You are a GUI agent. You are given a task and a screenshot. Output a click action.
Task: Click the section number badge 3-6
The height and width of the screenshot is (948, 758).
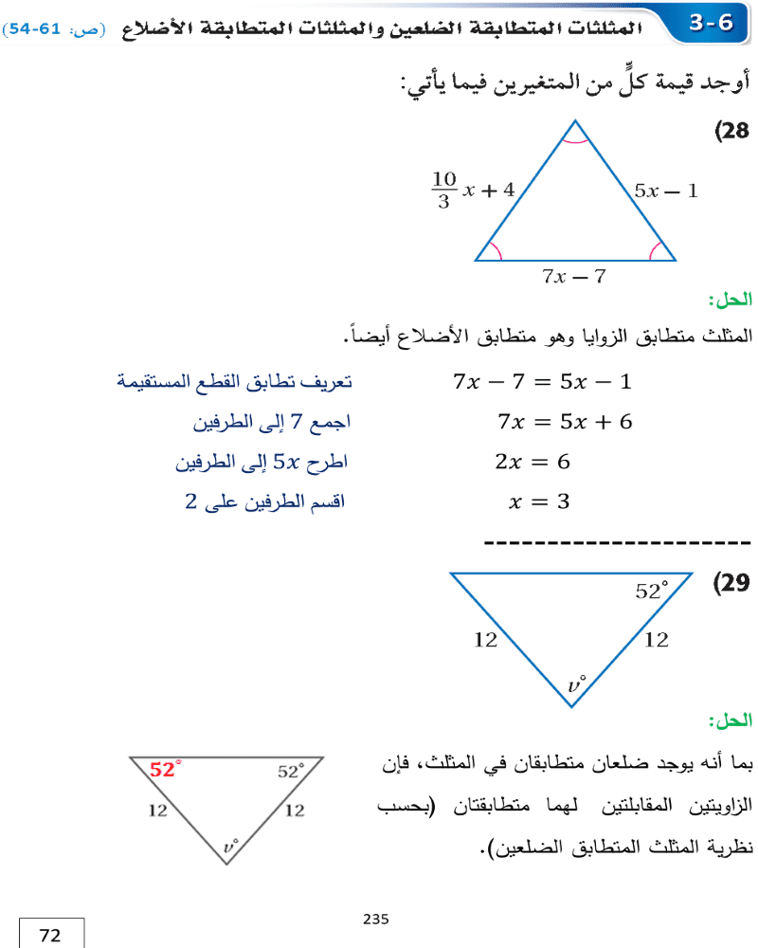pos(712,22)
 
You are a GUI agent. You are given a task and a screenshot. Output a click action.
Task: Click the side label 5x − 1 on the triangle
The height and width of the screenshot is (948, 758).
pos(666,191)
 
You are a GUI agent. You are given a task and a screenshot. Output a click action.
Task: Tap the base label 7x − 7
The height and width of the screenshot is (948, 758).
pos(573,277)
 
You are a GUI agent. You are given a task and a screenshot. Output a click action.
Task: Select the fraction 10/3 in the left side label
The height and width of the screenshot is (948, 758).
pos(444,190)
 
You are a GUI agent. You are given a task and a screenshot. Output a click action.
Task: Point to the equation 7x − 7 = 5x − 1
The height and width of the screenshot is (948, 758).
pos(541,382)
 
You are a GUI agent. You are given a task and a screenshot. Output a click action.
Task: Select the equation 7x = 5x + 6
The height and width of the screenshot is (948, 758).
pos(564,422)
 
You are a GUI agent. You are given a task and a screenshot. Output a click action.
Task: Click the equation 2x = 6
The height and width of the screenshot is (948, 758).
pos(532,462)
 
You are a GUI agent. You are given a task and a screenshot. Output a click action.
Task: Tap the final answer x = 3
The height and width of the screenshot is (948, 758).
pos(539,502)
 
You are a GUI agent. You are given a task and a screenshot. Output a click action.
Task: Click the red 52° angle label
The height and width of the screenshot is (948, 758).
pos(165,770)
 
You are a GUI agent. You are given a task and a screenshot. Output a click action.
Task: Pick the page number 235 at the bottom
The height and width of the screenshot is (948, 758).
pos(376,919)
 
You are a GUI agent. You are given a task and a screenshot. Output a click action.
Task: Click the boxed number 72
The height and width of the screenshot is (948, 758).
pos(50,936)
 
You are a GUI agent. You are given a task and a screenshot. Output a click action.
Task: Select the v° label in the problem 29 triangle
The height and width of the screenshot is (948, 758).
pos(576,684)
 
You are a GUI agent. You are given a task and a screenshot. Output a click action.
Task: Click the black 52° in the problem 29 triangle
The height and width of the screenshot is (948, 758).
pos(651,591)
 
